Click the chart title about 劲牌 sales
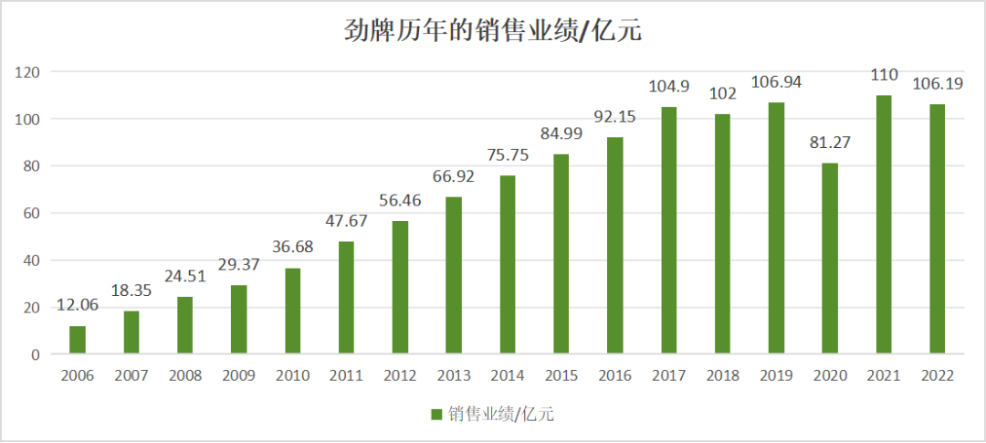click(493, 31)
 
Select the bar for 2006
click(78, 339)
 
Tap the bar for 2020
click(829, 258)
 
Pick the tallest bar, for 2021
click(884, 224)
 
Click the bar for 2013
click(454, 275)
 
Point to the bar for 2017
click(668, 229)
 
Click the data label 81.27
click(829, 142)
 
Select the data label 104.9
click(668, 86)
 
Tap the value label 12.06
click(78, 305)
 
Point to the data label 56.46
click(400, 201)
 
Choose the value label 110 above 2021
click(884, 74)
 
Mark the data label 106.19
click(937, 84)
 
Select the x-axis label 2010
click(292, 375)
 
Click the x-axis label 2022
click(937, 375)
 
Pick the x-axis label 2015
click(561, 375)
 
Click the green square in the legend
click(436, 414)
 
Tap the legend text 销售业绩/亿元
click(500, 414)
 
